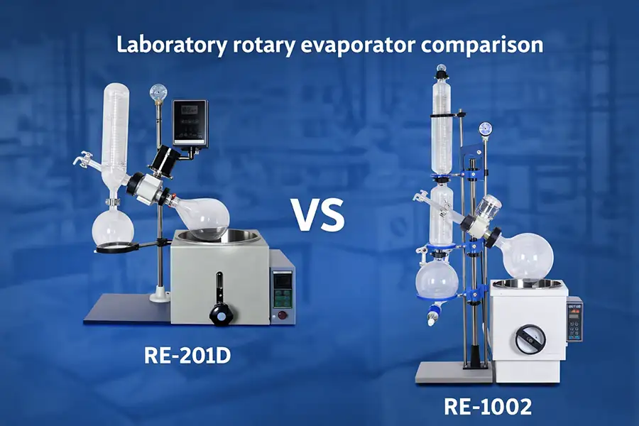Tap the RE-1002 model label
point(488,407)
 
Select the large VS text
point(317,215)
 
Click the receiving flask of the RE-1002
point(436,282)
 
